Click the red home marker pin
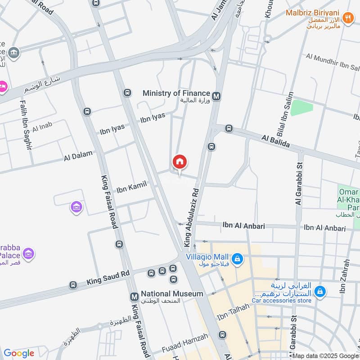(x=180, y=162)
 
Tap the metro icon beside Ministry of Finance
(x=216, y=96)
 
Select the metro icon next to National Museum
(x=134, y=297)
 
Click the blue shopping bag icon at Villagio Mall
(x=238, y=259)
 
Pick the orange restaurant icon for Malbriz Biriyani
(x=347, y=18)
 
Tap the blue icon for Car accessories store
(x=320, y=292)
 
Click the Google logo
(x=19, y=353)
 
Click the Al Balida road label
(x=275, y=140)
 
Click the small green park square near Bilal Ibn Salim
(x=301, y=108)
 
